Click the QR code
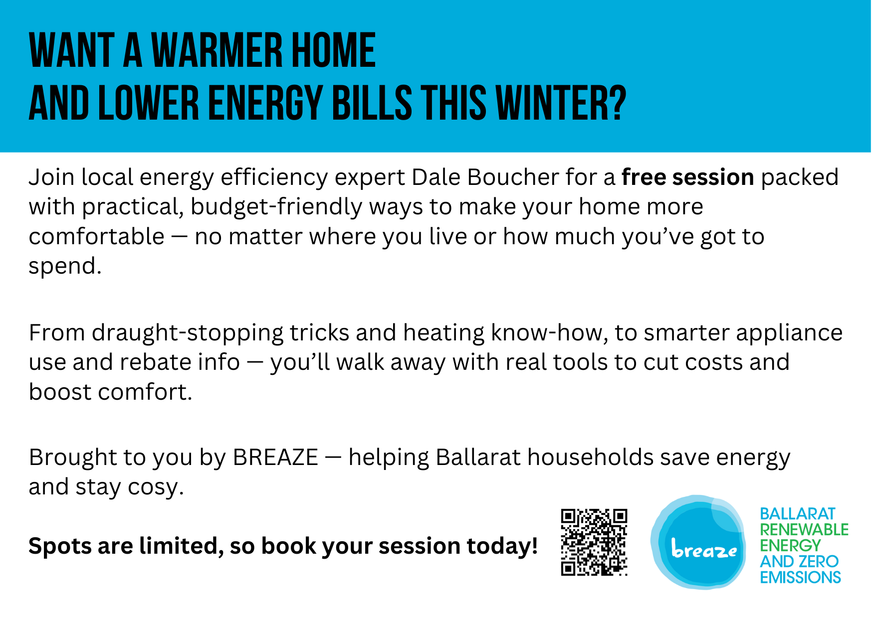coord(594,542)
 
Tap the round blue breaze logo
coord(698,542)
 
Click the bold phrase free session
coord(687,177)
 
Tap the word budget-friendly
coord(276,207)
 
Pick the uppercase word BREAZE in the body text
coord(275,458)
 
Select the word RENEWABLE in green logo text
coord(804,529)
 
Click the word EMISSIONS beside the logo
coord(800,577)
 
